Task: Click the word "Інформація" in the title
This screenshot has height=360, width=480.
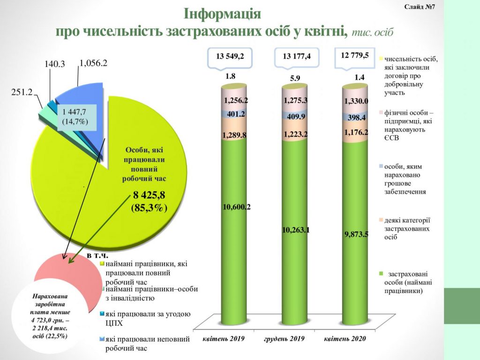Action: pos(222,13)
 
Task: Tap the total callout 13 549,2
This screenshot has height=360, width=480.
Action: pos(230,56)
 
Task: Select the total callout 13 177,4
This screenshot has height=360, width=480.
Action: pos(297,57)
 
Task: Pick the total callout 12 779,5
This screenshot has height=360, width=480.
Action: pos(358,55)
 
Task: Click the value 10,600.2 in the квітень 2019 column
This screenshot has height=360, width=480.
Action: pos(237,207)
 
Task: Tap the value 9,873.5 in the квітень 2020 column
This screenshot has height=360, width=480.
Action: pos(358,233)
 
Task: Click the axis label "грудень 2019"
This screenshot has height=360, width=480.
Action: pos(285,339)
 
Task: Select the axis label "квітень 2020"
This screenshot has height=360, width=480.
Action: pos(345,339)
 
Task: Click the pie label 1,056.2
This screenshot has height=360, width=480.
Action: pos(94,63)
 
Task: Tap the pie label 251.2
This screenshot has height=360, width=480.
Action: pos(21,92)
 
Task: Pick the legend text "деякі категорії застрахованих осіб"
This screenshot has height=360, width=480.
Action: pos(407,228)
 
